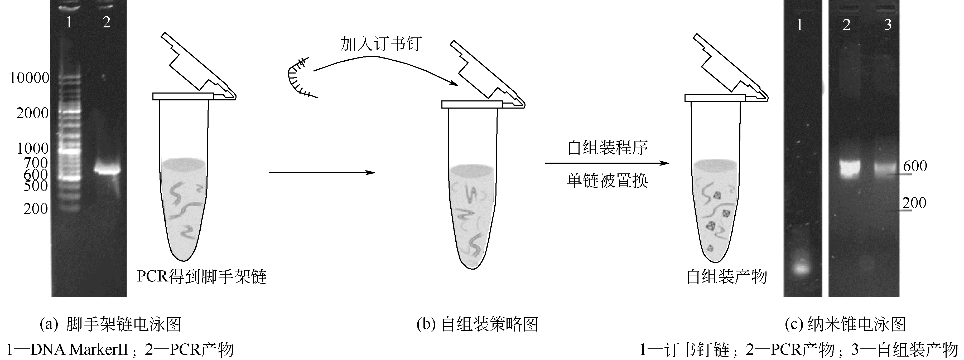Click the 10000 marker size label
pyautogui.click(x=29, y=78)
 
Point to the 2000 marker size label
pyautogui.click(x=32, y=113)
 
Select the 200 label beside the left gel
pyautogui.click(x=36, y=209)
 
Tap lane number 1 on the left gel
pyautogui.click(x=69, y=22)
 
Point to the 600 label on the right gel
pyautogui.click(x=915, y=166)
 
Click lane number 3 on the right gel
pyautogui.click(x=888, y=25)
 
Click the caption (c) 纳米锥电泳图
pyautogui.click(x=845, y=324)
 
